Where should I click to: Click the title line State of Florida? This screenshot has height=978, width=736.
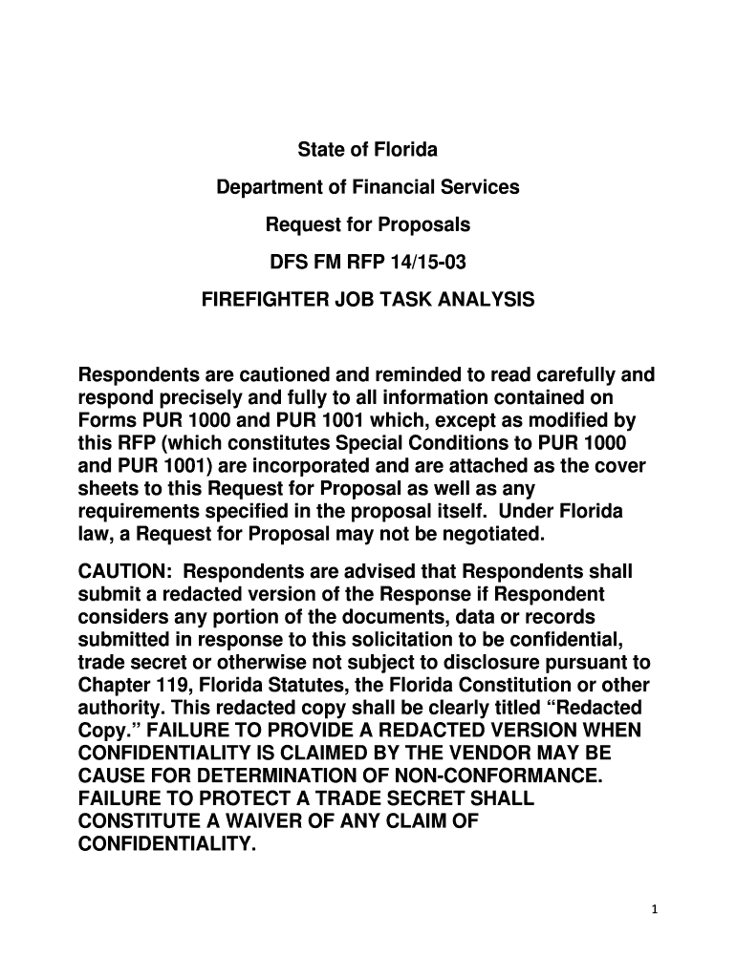click(x=368, y=150)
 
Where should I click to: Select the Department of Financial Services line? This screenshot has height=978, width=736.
click(x=368, y=187)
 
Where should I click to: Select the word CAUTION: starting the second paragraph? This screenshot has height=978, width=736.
click(x=124, y=571)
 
